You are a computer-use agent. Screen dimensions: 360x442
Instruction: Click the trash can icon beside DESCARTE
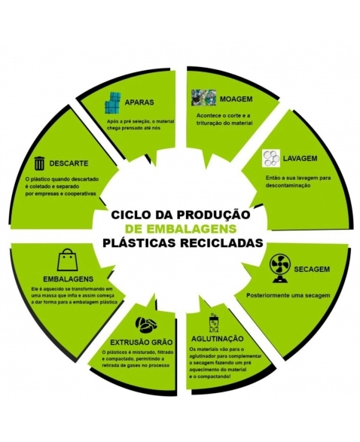[x=39, y=163]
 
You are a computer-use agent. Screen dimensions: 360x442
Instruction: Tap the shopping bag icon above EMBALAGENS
[x=67, y=260]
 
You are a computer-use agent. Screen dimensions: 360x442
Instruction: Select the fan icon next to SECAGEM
[x=279, y=268]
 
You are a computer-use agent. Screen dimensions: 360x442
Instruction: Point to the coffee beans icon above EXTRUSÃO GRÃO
[x=146, y=325]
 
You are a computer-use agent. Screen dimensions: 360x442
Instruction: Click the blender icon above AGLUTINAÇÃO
[x=213, y=323]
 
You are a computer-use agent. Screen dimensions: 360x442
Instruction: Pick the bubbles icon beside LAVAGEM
[x=271, y=158]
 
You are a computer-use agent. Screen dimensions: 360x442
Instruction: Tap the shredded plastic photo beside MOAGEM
[x=203, y=98]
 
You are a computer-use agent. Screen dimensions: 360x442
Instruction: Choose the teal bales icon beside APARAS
[x=112, y=103]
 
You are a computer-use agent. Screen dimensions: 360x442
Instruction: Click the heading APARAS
[x=139, y=102]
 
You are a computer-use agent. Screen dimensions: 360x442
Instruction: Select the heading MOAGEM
[x=236, y=99]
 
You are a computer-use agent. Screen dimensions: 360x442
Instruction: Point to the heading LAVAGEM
[x=300, y=158]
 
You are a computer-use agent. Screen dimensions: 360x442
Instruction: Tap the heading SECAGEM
[x=312, y=269]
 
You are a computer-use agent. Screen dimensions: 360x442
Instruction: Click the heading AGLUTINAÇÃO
[x=217, y=339]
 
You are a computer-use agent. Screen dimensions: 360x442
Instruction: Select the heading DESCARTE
[x=69, y=163]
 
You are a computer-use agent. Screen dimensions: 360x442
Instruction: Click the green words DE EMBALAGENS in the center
[x=181, y=229]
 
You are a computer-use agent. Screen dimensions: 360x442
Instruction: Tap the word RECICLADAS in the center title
[x=221, y=242]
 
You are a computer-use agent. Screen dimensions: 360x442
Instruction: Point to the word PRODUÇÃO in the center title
[x=213, y=215]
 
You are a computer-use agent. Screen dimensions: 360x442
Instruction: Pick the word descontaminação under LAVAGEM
[x=288, y=185]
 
